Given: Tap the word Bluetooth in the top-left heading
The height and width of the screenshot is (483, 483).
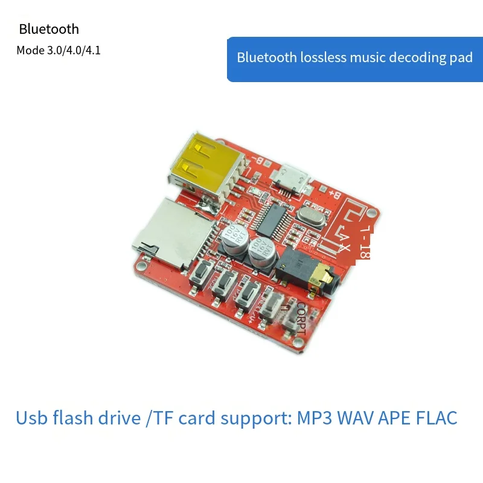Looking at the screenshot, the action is [x=49, y=29].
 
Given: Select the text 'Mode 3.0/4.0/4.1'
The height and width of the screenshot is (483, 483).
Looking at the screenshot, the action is [x=59, y=51].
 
